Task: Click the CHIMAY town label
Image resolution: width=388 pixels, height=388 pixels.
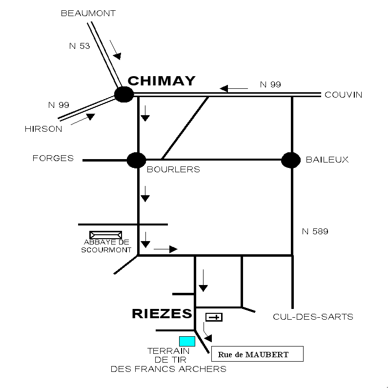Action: coord(162,81)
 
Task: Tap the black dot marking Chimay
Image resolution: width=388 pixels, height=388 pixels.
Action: coord(124,94)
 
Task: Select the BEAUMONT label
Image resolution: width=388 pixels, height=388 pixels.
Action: coord(88,14)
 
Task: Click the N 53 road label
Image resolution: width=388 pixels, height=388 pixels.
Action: coord(80,46)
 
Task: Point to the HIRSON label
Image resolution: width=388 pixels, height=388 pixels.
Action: coord(43,129)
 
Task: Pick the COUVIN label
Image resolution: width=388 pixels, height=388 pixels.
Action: coord(344,95)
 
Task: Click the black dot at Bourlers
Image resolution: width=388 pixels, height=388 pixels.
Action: coord(136,160)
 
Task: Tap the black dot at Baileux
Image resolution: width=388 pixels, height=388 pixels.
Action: coord(291,160)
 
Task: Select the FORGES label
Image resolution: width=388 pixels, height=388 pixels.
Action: coord(53,158)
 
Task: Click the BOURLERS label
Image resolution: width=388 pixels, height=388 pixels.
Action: coord(174,170)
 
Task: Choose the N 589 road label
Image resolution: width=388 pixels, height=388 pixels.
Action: coord(315,232)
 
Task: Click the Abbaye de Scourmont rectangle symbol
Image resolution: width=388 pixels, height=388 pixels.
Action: coord(106,235)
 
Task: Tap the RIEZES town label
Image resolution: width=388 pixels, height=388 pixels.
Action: coord(162,314)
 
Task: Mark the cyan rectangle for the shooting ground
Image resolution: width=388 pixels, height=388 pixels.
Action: coord(187,341)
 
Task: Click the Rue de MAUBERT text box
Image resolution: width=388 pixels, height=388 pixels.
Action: coord(257,354)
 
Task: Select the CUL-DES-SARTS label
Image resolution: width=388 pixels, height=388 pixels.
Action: coord(313,317)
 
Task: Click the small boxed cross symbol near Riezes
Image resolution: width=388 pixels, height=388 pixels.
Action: coord(214,317)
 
